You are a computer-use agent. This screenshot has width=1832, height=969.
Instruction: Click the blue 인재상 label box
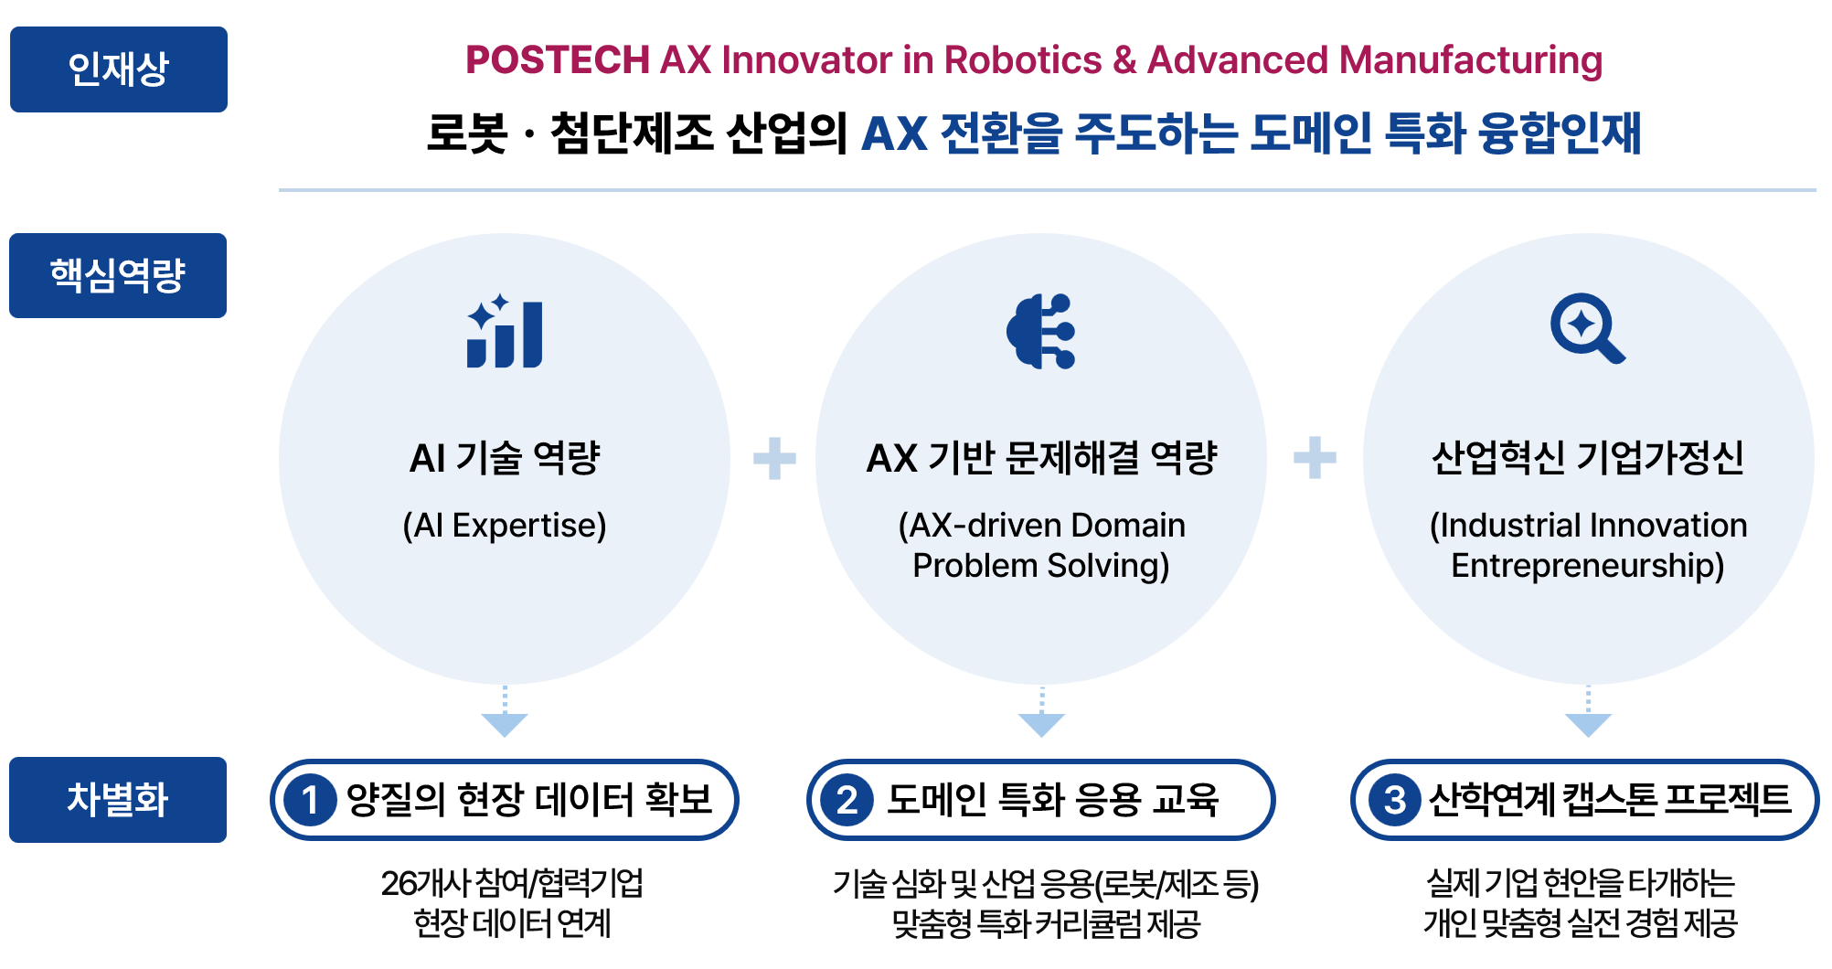click(x=119, y=69)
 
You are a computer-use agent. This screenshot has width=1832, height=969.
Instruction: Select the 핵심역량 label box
click(x=118, y=275)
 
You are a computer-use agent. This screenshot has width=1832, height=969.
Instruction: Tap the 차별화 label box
click(x=118, y=800)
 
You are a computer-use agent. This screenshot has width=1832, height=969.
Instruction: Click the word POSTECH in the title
click(x=558, y=60)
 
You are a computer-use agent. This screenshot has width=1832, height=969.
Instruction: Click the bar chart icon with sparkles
click(x=505, y=331)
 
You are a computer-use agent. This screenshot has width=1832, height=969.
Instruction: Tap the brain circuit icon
click(x=1040, y=331)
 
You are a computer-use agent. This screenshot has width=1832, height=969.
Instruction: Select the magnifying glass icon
click(x=1588, y=328)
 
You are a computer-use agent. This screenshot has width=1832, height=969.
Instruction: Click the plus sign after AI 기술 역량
click(x=774, y=458)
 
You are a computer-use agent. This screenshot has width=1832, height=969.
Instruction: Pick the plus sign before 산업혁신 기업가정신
click(x=1315, y=458)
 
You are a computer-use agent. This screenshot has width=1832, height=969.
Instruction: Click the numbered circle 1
click(x=311, y=800)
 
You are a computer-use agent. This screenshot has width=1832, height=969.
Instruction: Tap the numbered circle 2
click(x=847, y=800)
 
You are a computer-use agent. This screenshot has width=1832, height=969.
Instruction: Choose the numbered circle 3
click(x=1394, y=800)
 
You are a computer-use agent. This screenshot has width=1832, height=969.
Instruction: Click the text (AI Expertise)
click(x=505, y=526)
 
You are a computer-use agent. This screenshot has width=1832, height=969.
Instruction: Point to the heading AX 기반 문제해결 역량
click(x=1041, y=458)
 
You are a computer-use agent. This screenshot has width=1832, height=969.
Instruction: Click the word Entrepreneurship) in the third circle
click(x=1588, y=566)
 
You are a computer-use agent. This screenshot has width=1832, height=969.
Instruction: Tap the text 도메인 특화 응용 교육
click(x=1053, y=800)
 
